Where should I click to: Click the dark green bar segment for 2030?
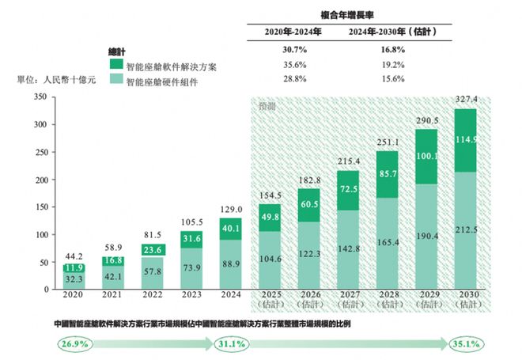(465, 140)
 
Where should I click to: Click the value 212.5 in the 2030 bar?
(465, 232)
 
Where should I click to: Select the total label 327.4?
(465, 100)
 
